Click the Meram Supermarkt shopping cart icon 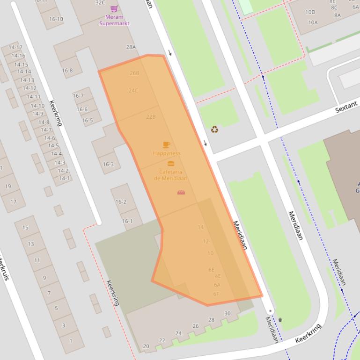coord(114,9)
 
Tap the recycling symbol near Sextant coord(214,129)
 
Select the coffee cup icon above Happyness coord(166,145)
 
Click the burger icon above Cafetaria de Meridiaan coord(170,164)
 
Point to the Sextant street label coord(346,107)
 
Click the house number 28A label coord(131,47)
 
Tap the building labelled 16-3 coord(108,164)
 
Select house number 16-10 coord(56,19)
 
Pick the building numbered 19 coord(8,187)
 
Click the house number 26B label coord(134,73)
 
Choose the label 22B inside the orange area coord(151,116)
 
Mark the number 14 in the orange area coord(201,227)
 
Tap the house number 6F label coord(216,294)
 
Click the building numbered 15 coord(25,228)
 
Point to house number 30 coord(228,313)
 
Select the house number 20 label coord(146,346)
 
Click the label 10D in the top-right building coord(310,12)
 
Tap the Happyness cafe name coord(166,153)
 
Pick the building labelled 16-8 coord(67,71)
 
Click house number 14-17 coord(15,47)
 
